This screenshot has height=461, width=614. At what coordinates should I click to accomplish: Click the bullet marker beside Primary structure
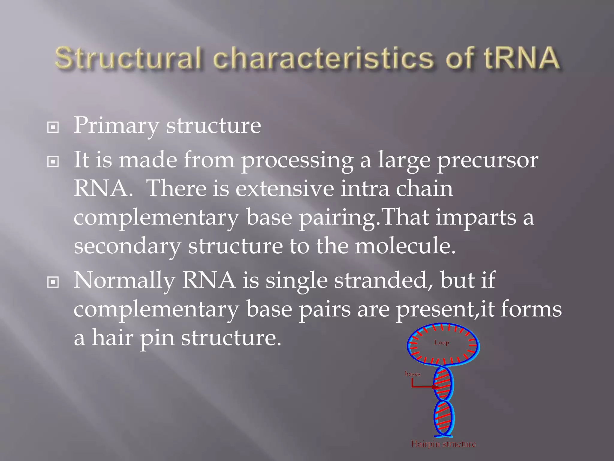(53, 128)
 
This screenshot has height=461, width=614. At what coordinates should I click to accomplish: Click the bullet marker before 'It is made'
(53, 162)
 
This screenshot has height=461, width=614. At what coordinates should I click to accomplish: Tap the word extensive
(285, 189)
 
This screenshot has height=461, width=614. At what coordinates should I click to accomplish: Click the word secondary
(127, 246)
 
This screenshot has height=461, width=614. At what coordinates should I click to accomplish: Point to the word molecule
(405, 246)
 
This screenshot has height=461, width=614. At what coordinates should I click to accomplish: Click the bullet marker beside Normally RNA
(53, 282)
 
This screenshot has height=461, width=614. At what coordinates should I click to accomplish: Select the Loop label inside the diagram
(442, 342)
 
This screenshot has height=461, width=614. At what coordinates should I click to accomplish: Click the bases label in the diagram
(413, 374)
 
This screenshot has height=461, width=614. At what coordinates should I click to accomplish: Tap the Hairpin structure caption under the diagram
(443, 444)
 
